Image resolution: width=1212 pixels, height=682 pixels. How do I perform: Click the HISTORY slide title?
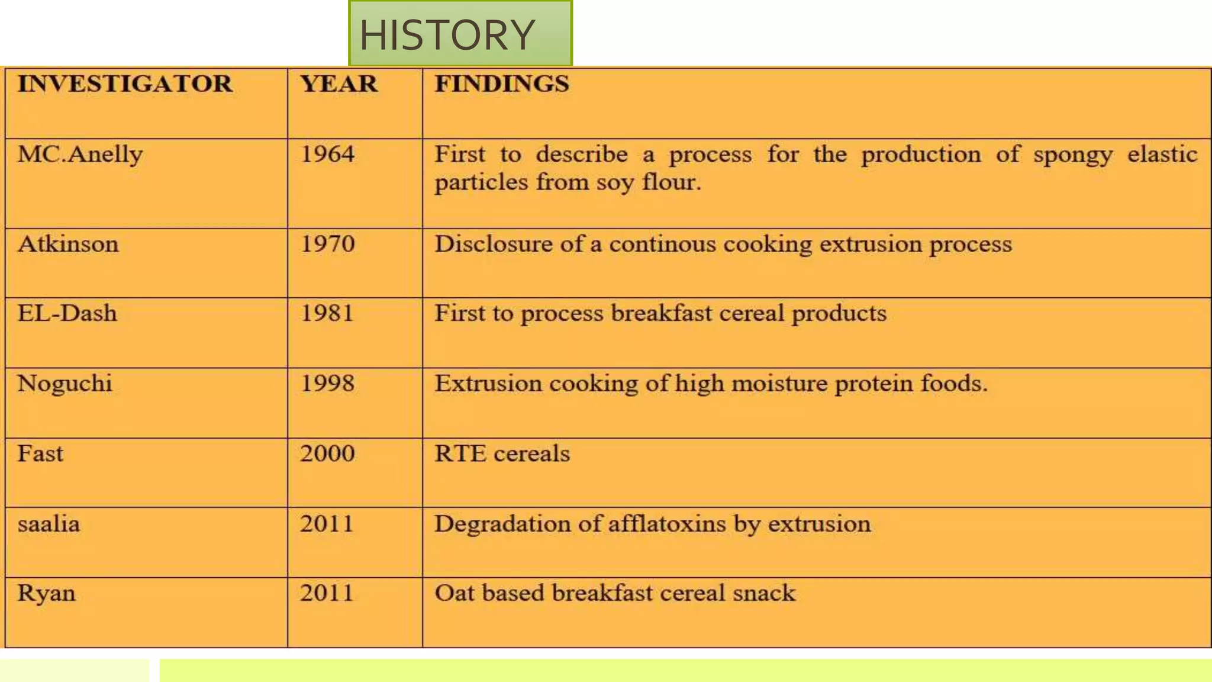447,35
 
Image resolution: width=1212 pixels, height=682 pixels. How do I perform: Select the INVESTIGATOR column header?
125,83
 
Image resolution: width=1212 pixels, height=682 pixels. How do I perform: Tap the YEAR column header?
339,83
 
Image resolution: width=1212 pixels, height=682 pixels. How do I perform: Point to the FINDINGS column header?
502,83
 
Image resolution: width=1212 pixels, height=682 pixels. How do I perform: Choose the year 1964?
327,155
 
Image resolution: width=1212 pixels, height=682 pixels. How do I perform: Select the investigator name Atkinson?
68,244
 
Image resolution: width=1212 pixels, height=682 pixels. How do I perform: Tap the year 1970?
327,244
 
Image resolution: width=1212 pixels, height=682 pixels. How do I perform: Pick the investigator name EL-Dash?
67,313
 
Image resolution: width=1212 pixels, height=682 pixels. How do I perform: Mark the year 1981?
327,313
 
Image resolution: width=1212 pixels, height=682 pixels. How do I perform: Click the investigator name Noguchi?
65,384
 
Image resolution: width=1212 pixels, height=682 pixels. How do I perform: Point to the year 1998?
327,384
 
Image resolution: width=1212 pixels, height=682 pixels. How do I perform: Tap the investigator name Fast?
40,453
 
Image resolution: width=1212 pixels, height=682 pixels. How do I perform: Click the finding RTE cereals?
502,453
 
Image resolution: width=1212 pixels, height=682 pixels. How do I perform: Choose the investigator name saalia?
49,524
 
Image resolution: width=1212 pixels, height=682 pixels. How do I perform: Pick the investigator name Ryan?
46,593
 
